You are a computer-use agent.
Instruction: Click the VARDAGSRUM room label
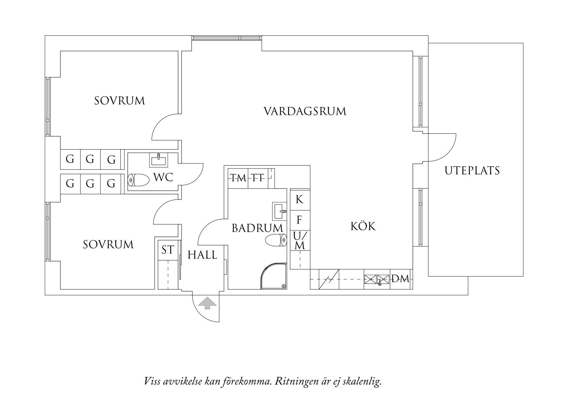pos(305,112)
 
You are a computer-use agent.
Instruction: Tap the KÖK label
pos(363,226)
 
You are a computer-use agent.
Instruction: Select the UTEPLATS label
pos(472,171)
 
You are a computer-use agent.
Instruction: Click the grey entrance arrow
pos(207,304)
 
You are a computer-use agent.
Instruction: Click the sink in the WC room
pos(158,160)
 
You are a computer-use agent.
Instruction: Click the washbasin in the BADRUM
pos(280,211)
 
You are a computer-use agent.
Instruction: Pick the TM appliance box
pos(238,178)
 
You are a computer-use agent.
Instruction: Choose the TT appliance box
pos(258,178)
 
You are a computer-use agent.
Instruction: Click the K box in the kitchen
pos(300,200)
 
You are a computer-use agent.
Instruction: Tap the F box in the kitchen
pos(300,220)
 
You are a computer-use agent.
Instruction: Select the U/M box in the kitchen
pos(300,241)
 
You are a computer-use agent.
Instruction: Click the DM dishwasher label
pos(401,279)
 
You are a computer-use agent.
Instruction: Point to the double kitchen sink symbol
pos(377,279)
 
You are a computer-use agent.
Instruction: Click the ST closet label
pos(168,250)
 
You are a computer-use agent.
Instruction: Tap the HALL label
pos(202,255)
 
